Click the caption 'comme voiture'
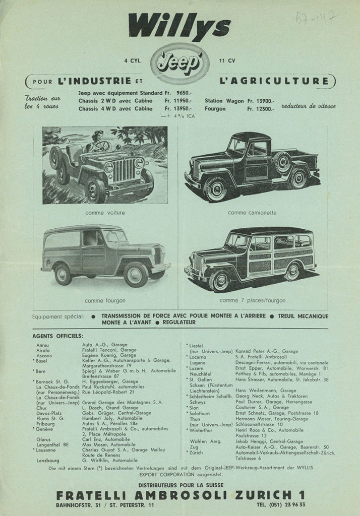point(105,213)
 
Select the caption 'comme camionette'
point(252,213)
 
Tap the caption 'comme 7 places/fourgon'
point(252,300)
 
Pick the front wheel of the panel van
point(136,274)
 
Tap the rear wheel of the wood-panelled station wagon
point(292,272)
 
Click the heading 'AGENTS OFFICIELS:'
point(58,336)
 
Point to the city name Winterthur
point(202,430)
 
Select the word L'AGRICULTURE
point(274,81)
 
